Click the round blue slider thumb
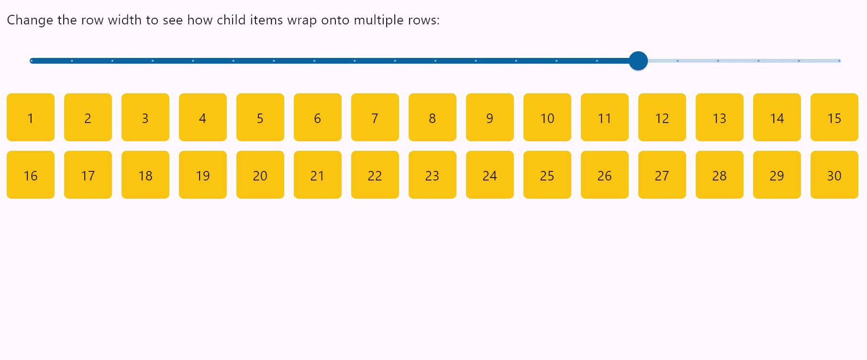638,61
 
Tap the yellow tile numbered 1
31,117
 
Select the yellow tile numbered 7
375,117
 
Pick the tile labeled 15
834,117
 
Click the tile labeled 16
31,175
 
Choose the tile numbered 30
834,175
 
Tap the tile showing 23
433,175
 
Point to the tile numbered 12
662,117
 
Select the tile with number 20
260,175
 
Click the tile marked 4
203,117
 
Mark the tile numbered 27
662,175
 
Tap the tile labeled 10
547,117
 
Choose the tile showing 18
145,175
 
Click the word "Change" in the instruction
30,20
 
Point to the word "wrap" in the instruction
301,20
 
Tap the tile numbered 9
490,117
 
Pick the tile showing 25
547,175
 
